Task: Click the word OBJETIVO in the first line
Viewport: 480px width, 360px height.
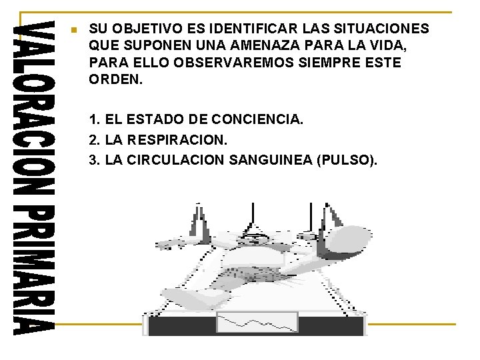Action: click(x=147, y=29)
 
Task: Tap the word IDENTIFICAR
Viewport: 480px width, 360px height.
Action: click(x=253, y=29)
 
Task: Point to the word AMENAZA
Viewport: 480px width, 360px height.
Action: click(x=265, y=45)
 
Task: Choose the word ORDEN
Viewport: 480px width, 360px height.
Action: click(x=116, y=79)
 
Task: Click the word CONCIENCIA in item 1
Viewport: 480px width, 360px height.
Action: click(x=257, y=119)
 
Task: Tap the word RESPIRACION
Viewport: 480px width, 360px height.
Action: click(x=177, y=139)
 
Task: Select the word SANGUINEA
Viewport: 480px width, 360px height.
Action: click(x=271, y=160)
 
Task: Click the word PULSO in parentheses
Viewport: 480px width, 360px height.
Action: click(x=345, y=160)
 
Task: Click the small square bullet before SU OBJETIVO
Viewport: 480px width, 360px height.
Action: click(x=74, y=30)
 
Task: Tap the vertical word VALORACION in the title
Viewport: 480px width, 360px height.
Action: click(x=34, y=108)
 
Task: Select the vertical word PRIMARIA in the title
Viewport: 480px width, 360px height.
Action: click(x=34, y=270)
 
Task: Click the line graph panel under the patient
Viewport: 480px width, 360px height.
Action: click(x=257, y=322)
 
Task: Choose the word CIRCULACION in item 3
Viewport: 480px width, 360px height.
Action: click(x=175, y=160)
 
